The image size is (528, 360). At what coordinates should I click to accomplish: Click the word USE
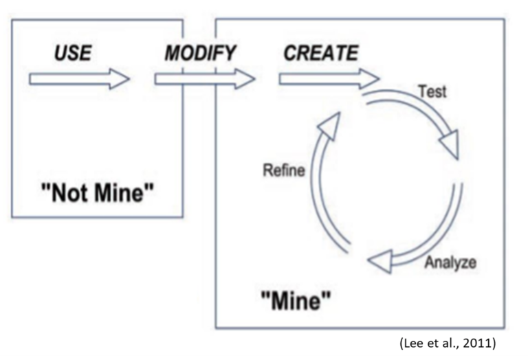tap(72, 54)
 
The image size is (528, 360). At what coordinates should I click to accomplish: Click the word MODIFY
tap(200, 54)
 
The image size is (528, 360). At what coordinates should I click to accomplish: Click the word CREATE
tap(320, 54)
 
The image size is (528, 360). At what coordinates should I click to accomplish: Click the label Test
tap(432, 91)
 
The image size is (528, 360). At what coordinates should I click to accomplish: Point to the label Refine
tap(283, 170)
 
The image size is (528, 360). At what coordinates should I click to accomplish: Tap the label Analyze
tap(450, 262)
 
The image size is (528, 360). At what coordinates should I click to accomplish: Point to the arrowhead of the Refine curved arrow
tap(331, 124)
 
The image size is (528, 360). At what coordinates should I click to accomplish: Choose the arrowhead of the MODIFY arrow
tap(245, 80)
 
